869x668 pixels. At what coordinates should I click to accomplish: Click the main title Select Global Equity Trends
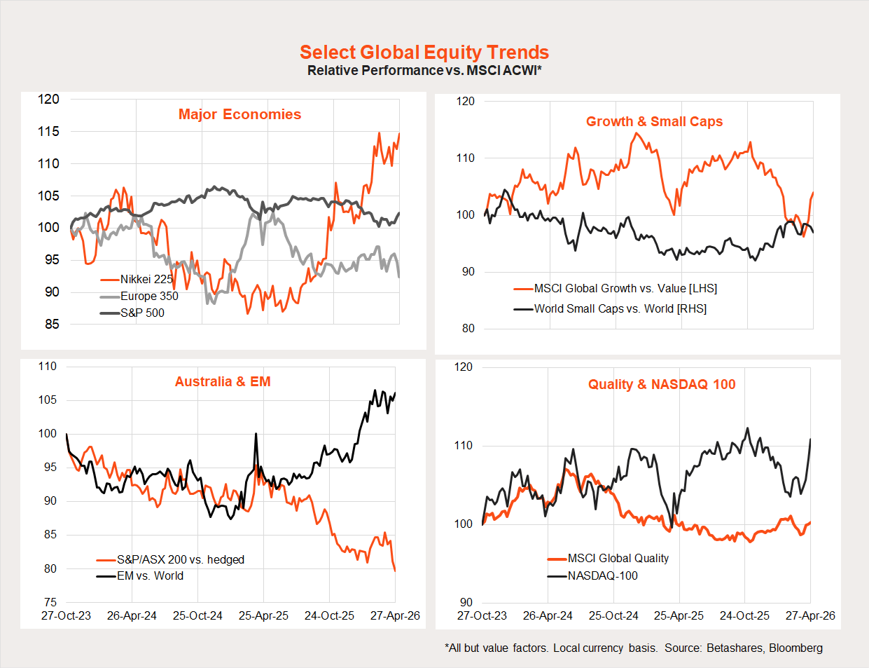pos(424,53)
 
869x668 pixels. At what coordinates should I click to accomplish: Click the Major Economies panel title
pos(239,114)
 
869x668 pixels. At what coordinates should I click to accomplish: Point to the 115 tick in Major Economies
pos(48,131)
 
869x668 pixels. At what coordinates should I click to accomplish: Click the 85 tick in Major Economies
pos(52,324)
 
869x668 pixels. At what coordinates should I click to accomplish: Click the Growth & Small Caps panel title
pos(654,121)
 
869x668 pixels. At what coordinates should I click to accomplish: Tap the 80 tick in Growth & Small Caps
pos(468,328)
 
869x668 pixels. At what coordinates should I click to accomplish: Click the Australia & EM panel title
pos(223,381)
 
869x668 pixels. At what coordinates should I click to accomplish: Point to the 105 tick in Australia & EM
pos(47,400)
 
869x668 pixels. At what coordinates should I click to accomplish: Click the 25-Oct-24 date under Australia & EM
pos(197,615)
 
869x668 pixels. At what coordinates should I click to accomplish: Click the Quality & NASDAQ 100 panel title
pos(662,384)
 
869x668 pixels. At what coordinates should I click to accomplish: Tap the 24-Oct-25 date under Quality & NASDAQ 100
pos(744,615)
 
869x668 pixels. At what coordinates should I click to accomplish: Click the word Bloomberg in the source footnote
pos(795,648)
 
